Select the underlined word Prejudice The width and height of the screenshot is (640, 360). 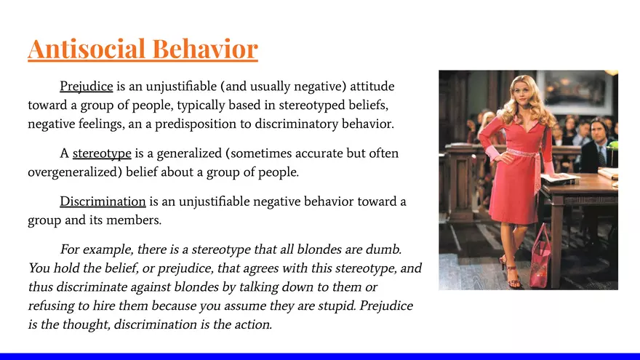86,87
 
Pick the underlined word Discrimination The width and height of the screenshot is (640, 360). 103,201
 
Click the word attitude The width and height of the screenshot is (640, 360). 371,87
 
